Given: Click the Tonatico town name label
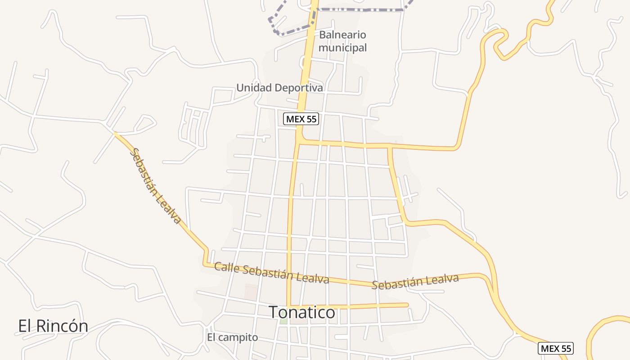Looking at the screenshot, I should click(x=302, y=312).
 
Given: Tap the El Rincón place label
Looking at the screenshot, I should click(x=53, y=326).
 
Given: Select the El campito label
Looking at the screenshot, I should click(x=232, y=337).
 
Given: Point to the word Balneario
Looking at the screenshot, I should click(x=342, y=35).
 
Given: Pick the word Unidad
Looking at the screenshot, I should click(x=253, y=88).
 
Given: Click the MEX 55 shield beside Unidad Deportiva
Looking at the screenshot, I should click(x=301, y=119).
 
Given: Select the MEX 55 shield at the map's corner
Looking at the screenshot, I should click(x=556, y=348).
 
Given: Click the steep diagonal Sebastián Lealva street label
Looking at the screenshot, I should click(x=155, y=186).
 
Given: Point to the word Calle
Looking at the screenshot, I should click(x=226, y=267).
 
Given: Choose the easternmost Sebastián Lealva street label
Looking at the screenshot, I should click(x=415, y=281).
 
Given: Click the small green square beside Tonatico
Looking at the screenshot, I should click(x=283, y=321).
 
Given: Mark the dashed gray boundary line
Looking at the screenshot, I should click(x=360, y=9).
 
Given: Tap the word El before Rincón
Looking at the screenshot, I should click(x=24, y=326).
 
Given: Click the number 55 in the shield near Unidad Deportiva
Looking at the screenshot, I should click(x=311, y=119).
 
